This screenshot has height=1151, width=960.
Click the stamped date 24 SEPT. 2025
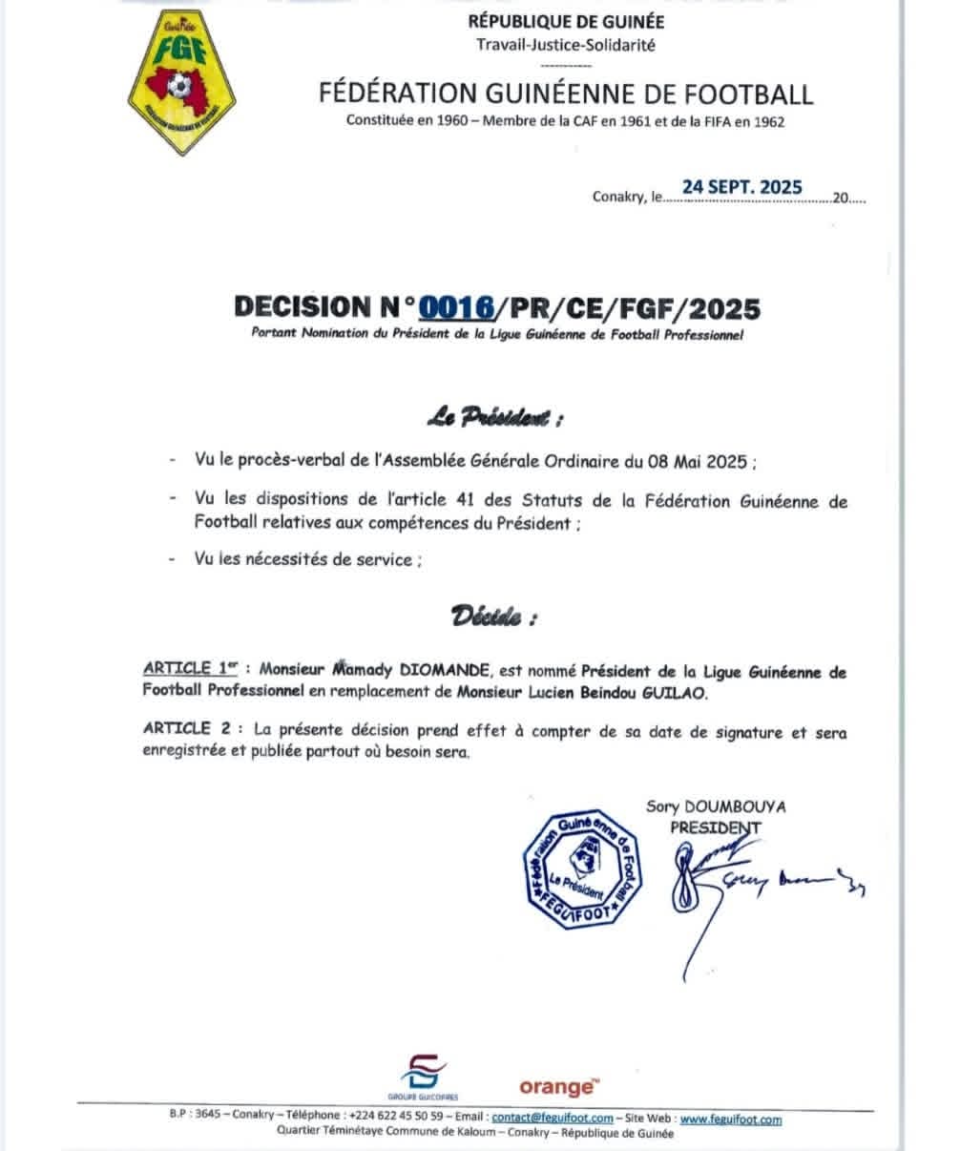[x=741, y=187]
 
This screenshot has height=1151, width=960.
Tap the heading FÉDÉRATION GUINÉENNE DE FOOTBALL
[x=567, y=94]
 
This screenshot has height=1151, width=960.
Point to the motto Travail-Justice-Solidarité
[x=567, y=43]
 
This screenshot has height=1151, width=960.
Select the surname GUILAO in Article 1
[x=677, y=694]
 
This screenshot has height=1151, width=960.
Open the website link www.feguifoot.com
[x=731, y=1119]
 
